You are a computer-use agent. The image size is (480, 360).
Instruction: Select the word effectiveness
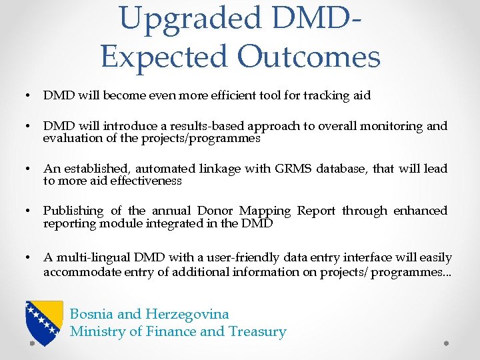pyautogui.click(x=145, y=181)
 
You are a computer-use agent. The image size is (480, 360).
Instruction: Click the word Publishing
pyautogui.click(x=73, y=211)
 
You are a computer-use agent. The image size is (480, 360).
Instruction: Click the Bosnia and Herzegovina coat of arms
pyautogui.click(x=45, y=322)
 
